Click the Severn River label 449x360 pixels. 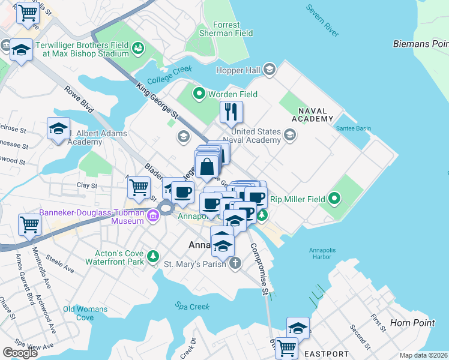(322, 18)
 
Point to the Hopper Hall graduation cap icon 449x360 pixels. (269, 71)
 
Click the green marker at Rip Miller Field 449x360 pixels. (334, 199)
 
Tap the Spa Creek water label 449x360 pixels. (193, 307)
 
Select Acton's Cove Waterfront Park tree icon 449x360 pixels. (154, 256)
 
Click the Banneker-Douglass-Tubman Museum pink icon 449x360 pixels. (153, 220)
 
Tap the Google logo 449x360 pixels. (20, 353)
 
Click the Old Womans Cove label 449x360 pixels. (85, 313)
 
